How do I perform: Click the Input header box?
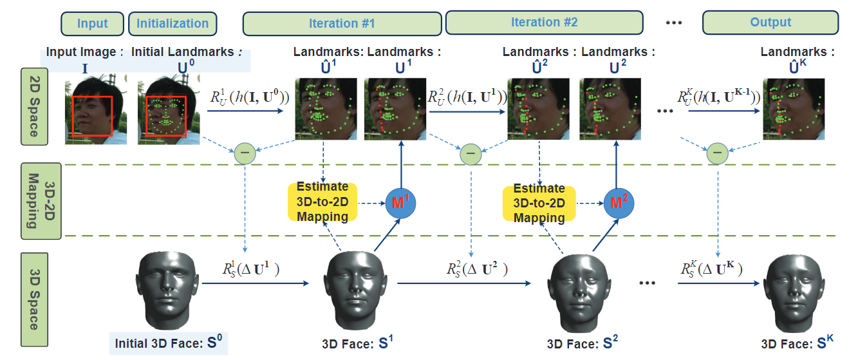click(x=92, y=24)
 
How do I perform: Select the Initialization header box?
click(x=173, y=24)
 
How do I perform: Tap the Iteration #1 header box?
click(x=342, y=24)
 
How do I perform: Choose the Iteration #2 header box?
click(x=544, y=23)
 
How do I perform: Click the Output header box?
click(x=770, y=23)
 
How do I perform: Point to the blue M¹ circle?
click(x=400, y=203)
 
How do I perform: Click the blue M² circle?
click(x=617, y=203)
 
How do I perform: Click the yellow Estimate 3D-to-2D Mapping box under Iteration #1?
click(x=322, y=202)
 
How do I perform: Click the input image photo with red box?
click(x=95, y=111)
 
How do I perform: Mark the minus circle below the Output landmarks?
click(x=717, y=153)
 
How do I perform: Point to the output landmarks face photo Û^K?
click(x=792, y=109)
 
